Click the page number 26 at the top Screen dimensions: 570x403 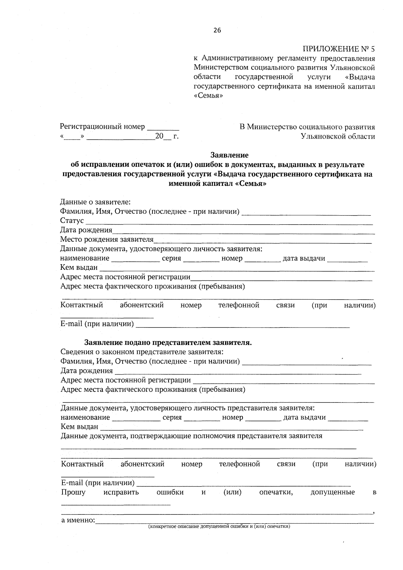coord(217,31)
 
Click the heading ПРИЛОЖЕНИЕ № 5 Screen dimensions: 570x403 coord(339,49)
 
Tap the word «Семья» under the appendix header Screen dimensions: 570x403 coord(208,96)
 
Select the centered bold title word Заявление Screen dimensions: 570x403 coord(229,155)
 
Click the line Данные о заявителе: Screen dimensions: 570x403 coord(95,202)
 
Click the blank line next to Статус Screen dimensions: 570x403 coord(228,222)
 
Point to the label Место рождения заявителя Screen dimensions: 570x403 coord(106,240)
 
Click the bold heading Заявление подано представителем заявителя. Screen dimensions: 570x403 coord(168,343)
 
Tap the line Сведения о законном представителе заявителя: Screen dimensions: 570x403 coord(142,352)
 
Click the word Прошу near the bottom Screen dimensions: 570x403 coord(73,492)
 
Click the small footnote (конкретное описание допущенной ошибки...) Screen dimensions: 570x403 coord(219,527)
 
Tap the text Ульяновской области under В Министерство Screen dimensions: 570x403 coord(338,137)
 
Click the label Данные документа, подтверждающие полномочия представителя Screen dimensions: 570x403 coord(191,436)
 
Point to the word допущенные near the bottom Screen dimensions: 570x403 coord(332,492)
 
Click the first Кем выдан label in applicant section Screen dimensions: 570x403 coord(79,268)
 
